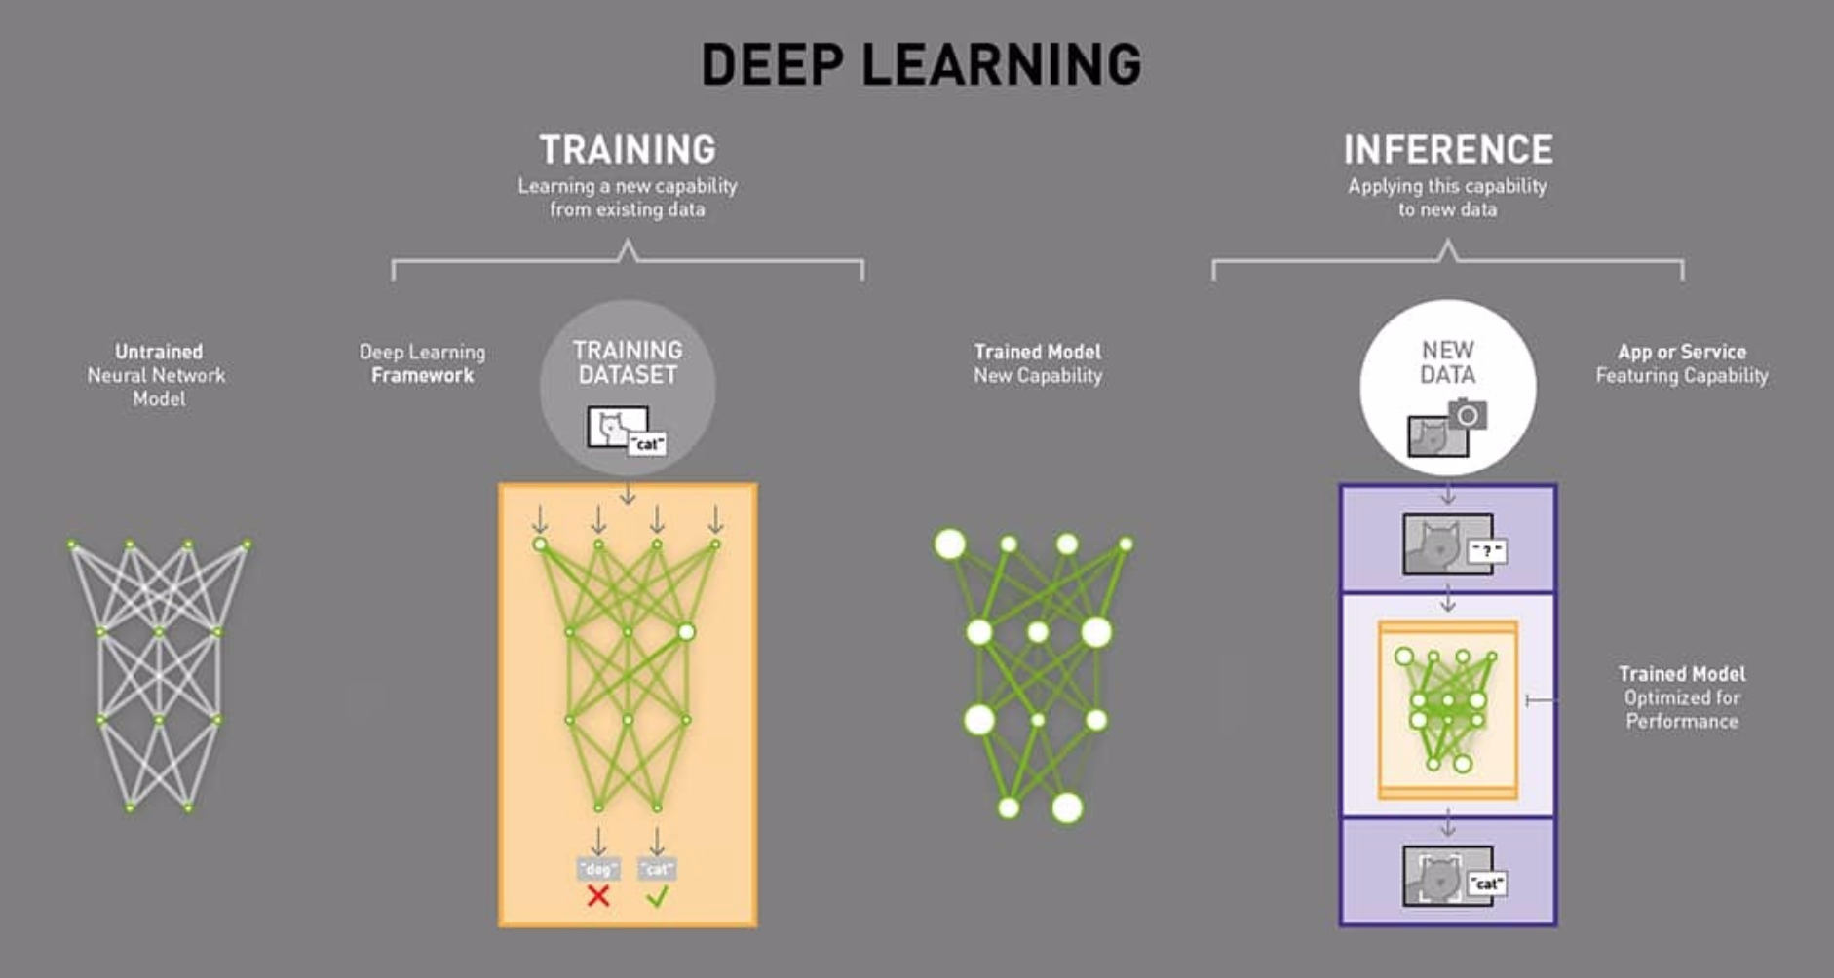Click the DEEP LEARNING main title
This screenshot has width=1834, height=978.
click(x=921, y=65)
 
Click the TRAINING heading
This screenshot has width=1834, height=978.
click(x=628, y=150)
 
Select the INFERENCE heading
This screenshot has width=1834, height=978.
click(x=1448, y=150)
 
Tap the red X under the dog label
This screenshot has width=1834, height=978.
click(x=598, y=896)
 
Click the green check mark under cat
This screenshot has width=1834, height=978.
click(x=657, y=896)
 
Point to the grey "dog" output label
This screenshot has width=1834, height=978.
click(x=598, y=868)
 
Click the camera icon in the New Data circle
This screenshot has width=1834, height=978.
click(x=1468, y=416)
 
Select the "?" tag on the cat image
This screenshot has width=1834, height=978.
click(x=1486, y=551)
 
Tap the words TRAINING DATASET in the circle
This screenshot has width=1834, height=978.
click(x=628, y=362)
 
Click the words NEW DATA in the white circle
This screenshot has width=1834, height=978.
click(x=1448, y=362)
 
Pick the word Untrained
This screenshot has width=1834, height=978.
click(x=159, y=352)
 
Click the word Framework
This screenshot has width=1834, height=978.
click(x=422, y=376)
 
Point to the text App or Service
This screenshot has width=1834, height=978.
click(x=1682, y=352)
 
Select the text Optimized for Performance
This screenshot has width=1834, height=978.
click(x=1682, y=710)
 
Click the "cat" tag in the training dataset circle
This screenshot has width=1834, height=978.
click(x=647, y=444)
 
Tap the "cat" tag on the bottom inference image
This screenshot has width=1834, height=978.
click(x=1487, y=884)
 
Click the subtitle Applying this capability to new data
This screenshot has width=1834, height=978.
click(x=1448, y=198)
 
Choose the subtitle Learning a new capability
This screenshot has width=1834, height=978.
click(x=628, y=186)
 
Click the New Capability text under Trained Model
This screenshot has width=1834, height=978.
click(x=1038, y=376)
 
